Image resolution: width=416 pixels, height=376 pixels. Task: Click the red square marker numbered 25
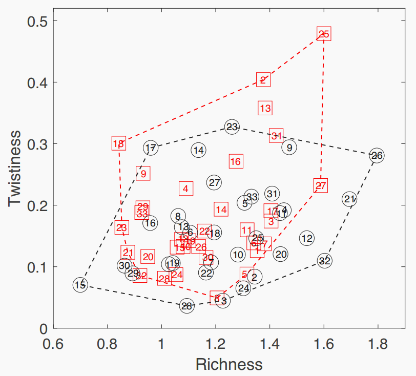pyautogui.click(x=324, y=34)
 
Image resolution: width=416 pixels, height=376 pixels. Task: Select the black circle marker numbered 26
pyautogui.click(x=377, y=155)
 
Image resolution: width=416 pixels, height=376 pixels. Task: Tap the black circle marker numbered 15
pyautogui.click(x=80, y=285)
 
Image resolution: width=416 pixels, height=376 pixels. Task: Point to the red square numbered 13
pyautogui.click(x=265, y=108)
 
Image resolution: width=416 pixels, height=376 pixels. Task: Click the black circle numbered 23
pyautogui.click(x=232, y=127)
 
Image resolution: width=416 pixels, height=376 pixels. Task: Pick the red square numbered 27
pyautogui.click(x=321, y=185)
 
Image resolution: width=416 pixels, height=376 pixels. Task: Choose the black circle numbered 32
pyautogui.click(x=324, y=261)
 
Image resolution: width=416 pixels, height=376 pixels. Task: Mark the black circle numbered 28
pyautogui.click(x=187, y=306)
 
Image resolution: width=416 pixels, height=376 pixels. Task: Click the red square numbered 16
pyautogui.click(x=236, y=161)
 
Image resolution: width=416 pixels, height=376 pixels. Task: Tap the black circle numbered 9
pyautogui.click(x=289, y=148)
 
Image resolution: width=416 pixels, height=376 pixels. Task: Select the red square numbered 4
pyautogui.click(x=185, y=189)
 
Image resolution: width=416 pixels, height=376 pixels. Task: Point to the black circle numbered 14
pyautogui.click(x=199, y=150)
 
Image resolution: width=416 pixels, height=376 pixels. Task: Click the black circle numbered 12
pyautogui.click(x=307, y=238)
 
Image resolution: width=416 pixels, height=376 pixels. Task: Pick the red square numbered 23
pyautogui.click(x=121, y=227)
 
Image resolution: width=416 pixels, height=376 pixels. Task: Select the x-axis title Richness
pyautogui.click(x=229, y=364)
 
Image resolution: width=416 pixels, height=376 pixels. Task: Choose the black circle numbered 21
pyautogui.click(x=349, y=199)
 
